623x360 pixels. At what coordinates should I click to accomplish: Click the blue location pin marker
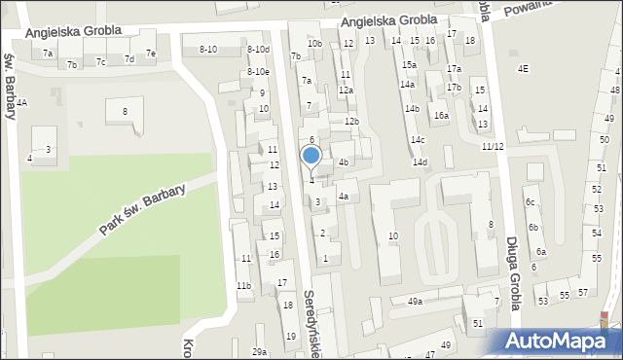pyautogui.click(x=311, y=156)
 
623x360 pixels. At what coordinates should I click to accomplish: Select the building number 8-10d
pyautogui.click(x=258, y=49)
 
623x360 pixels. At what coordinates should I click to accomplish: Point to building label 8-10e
pyautogui.click(x=258, y=71)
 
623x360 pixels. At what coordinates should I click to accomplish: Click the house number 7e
pyautogui.click(x=150, y=53)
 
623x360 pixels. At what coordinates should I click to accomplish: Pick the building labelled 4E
pyautogui.click(x=524, y=68)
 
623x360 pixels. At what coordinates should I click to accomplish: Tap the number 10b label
pyautogui.click(x=313, y=44)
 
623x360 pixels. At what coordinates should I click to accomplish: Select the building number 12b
pyautogui.click(x=351, y=121)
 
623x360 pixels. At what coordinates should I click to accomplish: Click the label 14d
pyautogui.click(x=420, y=162)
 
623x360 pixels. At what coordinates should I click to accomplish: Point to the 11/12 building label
pyautogui.click(x=493, y=146)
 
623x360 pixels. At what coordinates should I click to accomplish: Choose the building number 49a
pyautogui.click(x=415, y=302)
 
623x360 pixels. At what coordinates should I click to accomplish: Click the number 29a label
pyautogui.click(x=259, y=351)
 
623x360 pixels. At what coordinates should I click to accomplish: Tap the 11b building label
pyautogui.click(x=243, y=285)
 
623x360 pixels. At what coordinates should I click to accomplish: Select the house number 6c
pyautogui.click(x=531, y=201)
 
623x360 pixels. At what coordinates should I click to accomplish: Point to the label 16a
pyautogui.click(x=442, y=115)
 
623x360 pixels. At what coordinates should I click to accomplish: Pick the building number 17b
pyautogui.click(x=455, y=88)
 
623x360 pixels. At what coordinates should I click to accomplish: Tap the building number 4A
pyautogui.click(x=21, y=102)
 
